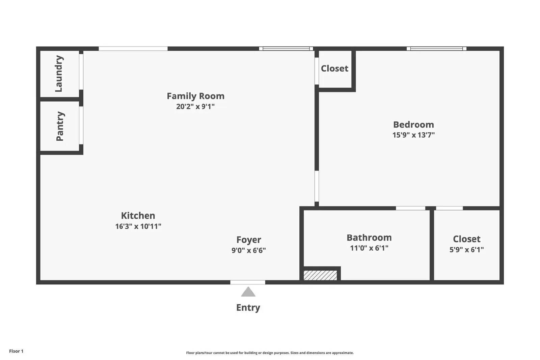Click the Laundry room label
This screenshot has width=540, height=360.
tap(59, 74)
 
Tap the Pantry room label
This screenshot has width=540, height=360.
tap(60, 126)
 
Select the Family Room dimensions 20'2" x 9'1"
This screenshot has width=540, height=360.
tap(195, 107)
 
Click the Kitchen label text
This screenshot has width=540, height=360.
tap(138, 216)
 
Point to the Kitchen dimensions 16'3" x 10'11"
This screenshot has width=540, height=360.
tap(138, 226)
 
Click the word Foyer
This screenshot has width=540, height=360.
tap(248, 240)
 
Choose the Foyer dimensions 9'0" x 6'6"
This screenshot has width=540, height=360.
tap(248, 250)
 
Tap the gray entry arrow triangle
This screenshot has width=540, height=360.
tap(248, 292)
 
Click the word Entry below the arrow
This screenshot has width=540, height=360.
tap(248, 308)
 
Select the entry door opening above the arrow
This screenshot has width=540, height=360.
tap(248, 282)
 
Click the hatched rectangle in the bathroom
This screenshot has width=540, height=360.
tap(320, 275)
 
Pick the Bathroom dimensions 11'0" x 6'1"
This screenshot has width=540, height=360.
tap(369, 248)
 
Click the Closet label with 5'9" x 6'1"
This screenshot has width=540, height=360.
tap(466, 239)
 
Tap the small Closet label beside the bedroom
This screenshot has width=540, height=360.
tap(334, 68)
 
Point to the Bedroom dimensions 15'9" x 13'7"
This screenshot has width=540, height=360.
tap(413, 135)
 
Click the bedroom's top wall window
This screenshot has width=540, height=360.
tap(436, 49)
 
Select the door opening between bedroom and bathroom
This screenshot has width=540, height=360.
tap(410, 208)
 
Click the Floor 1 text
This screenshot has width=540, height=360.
tap(16, 351)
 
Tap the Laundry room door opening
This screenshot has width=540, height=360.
tap(81, 72)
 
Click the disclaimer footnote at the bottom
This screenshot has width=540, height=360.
tap(270, 353)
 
